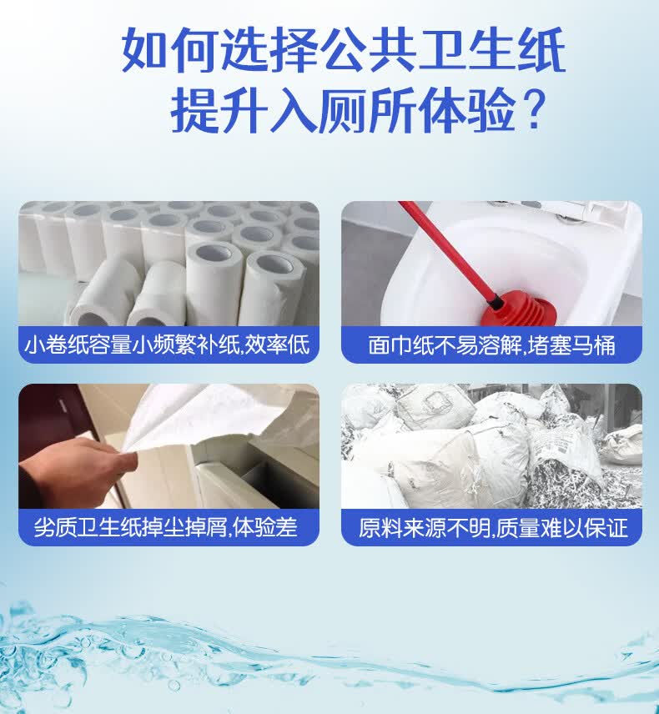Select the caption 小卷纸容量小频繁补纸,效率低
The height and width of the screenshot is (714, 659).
[x=168, y=345]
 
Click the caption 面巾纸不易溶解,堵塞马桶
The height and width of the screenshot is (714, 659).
[x=491, y=345]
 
